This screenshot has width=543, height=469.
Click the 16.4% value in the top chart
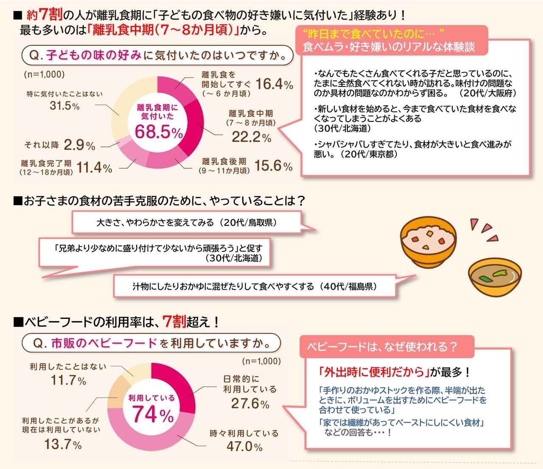click(x=274, y=84)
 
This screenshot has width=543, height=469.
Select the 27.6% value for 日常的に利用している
click(x=250, y=403)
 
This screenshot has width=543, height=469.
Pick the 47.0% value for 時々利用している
click(x=244, y=446)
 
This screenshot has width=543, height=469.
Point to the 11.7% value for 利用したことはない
click(x=68, y=380)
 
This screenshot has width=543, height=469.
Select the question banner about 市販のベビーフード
click(x=151, y=343)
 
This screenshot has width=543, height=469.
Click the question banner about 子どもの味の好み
click(x=157, y=56)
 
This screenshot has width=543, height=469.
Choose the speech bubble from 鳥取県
click(x=187, y=223)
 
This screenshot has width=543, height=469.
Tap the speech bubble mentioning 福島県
click(x=255, y=286)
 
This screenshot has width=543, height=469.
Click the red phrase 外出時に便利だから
click(x=372, y=372)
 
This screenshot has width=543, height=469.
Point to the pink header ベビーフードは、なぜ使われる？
click(x=381, y=347)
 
